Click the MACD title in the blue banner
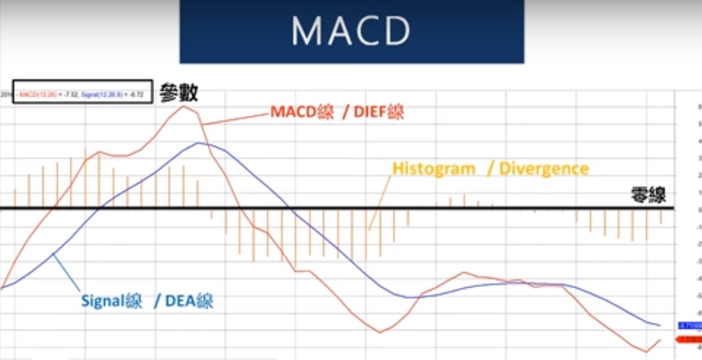click(x=351, y=31)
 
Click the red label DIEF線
click(x=379, y=113)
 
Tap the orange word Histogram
click(x=434, y=168)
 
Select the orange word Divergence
click(x=544, y=168)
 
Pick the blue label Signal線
click(x=112, y=300)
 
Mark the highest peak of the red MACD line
click(x=184, y=106)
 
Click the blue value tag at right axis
click(x=689, y=325)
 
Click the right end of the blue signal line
click(x=659, y=325)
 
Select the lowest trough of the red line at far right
click(x=646, y=352)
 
